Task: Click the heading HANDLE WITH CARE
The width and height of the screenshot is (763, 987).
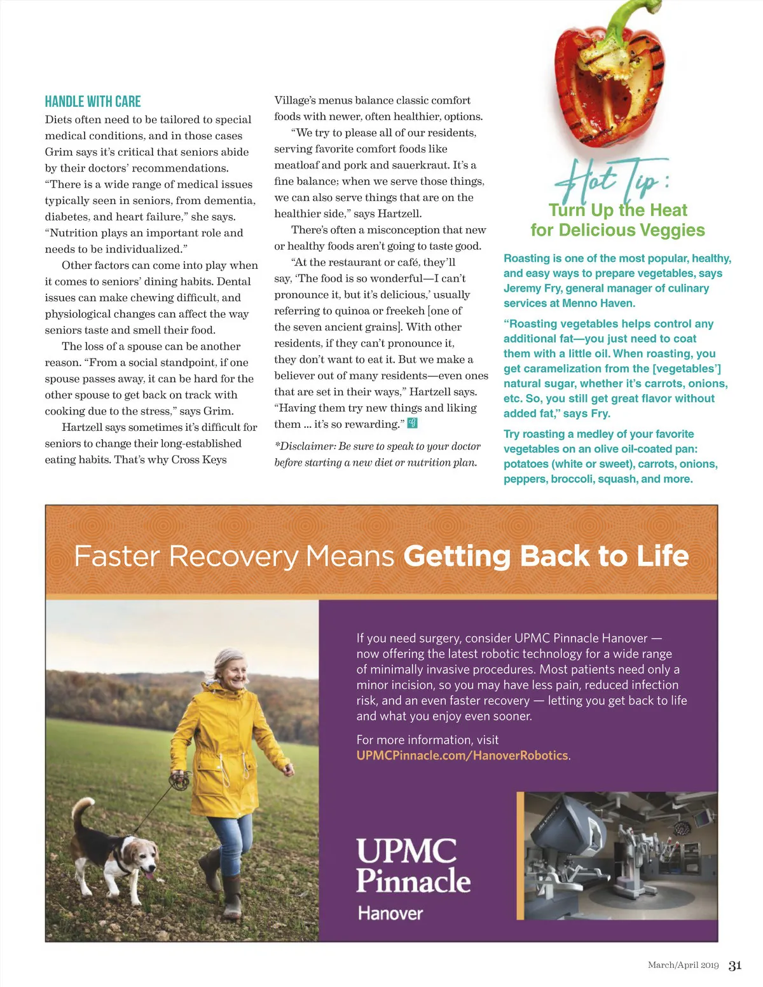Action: [x=93, y=102]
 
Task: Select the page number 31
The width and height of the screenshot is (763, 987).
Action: [x=735, y=965]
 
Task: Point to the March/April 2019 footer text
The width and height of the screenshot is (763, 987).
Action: [x=683, y=965]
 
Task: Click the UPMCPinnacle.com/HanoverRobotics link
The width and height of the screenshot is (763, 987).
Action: [x=462, y=756]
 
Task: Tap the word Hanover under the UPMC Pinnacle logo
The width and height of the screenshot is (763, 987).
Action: [x=390, y=913]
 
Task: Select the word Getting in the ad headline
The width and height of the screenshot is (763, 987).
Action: [x=457, y=556]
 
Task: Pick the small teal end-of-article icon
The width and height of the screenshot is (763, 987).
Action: [x=413, y=423]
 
